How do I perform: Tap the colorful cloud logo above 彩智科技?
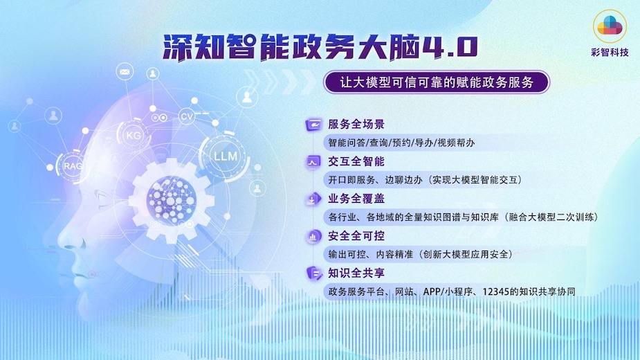point(610,26)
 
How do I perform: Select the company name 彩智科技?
point(610,53)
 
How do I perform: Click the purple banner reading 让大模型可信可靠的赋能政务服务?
point(437,82)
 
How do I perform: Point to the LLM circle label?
point(226,156)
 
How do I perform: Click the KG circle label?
point(134,135)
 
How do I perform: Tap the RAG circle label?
point(73,166)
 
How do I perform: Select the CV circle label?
point(187,116)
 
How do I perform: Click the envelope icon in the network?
point(125,72)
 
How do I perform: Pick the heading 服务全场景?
point(356,124)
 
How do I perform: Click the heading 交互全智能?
point(356,161)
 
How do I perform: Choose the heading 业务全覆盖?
point(356,199)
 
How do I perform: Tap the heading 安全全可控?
point(356,236)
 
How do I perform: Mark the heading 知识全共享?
point(356,273)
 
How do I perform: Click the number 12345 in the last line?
point(495,291)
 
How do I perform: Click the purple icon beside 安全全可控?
point(313,236)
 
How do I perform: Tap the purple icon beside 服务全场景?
point(313,124)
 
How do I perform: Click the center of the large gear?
point(172,200)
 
